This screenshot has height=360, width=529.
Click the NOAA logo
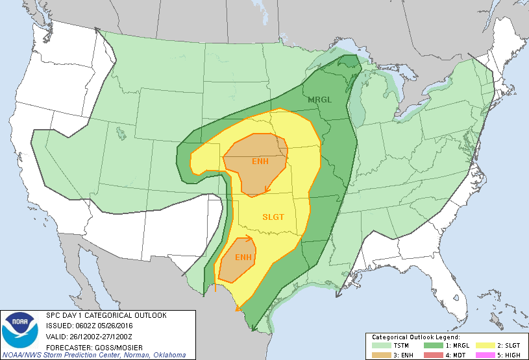pyautogui.click(x=19, y=330)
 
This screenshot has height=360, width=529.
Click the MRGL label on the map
pyautogui.click(x=320, y=99)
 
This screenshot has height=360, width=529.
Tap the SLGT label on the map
pyautogui.click(x=273, y=217)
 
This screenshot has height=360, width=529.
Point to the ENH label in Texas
pyautogui.click(x=243, y=258)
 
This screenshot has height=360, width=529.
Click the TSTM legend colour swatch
pyautogui.click(x=380, y=346)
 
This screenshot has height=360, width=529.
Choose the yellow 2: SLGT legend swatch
pyautogui.click(x=484, y=346)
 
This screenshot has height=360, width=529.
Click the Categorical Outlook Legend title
pyautogui.click(x=415, y=338)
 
